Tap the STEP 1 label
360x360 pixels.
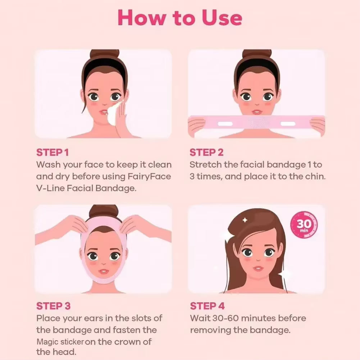52,152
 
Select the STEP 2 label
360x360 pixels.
206,152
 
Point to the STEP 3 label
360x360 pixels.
53,306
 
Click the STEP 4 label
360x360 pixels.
207,306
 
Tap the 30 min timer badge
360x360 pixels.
304,225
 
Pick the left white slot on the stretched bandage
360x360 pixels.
226,124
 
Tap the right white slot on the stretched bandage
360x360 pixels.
288,124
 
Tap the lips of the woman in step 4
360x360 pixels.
258,268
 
